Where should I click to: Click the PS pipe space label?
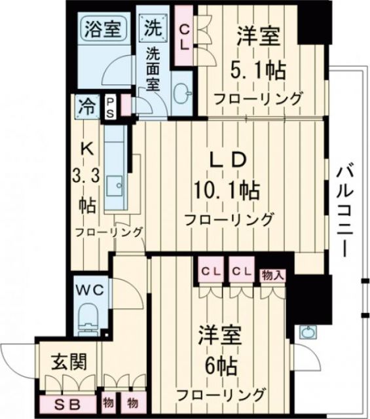click(110, 107)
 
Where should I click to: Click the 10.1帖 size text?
click(226, 191)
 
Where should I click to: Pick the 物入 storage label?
click(272, 275)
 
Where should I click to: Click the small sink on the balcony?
click(307, 333)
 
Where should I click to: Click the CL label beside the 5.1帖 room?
click(185, 36)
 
